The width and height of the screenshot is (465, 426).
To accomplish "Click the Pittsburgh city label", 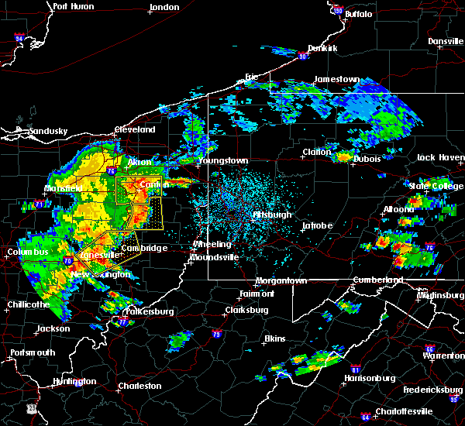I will pos(273,215).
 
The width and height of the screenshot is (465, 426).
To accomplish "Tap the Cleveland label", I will pos(136,129).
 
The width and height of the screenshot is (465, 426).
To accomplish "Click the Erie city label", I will pos(251,77).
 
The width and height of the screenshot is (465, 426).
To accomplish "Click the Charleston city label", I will pos(139,386).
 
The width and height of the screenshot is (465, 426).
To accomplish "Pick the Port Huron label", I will pos(74,6).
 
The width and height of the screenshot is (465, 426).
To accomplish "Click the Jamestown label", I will pos(336,79).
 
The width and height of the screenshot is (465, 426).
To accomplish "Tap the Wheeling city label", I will pos(212,245).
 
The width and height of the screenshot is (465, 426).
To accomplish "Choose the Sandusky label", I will pos(47,131).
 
